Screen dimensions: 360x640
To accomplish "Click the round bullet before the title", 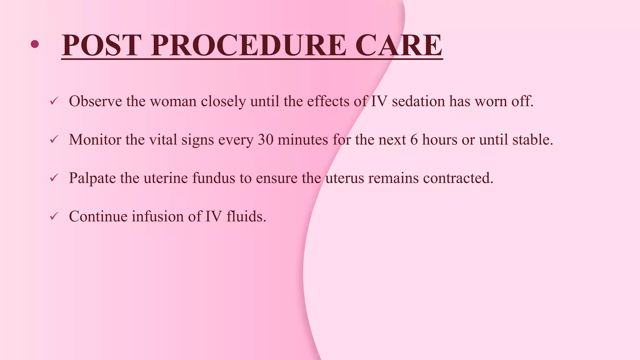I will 35,44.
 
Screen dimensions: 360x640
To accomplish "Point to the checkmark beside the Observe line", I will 54,101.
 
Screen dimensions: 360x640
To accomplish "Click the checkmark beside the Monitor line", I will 54,139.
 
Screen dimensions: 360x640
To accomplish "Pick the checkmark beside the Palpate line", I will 54,178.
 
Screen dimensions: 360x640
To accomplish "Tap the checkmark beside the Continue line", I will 54,216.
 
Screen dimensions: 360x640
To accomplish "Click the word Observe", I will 95,101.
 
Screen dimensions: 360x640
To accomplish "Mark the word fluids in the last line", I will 246,216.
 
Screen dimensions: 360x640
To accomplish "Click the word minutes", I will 302,140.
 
